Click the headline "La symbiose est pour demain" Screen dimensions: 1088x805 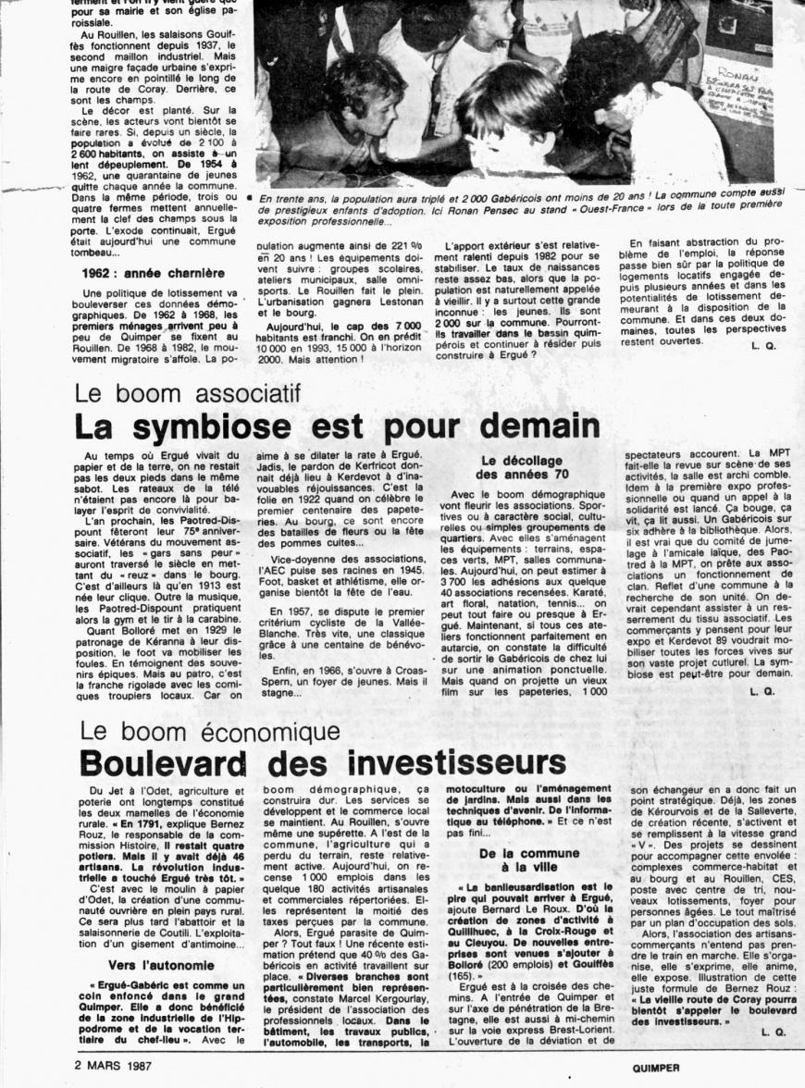pos(337,427)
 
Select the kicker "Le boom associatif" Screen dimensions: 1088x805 pos(190,393)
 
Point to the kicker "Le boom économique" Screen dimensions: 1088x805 pos(210,731)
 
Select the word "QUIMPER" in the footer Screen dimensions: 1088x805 pos(657,1067)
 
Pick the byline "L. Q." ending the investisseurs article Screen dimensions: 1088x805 pos(762,1031)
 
